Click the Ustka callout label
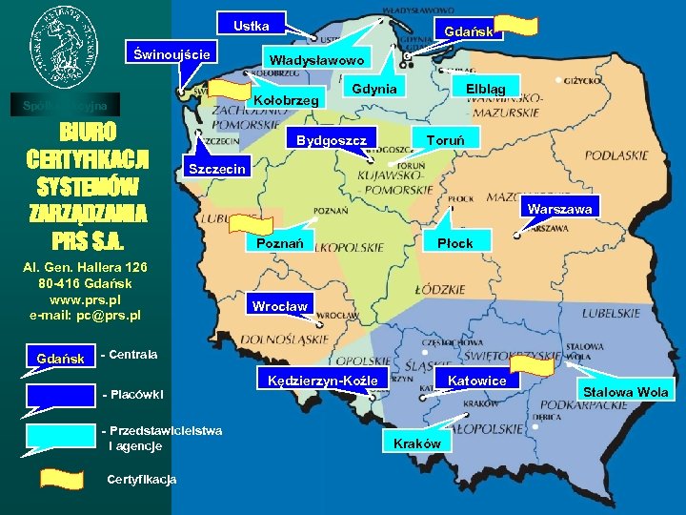tap(252, 26)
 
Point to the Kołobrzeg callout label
tap(287, 100)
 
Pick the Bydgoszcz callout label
tap(332, 139)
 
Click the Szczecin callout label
tap(219, 169)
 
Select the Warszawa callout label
tap(561, 209)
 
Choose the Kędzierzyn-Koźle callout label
tap(317, 381)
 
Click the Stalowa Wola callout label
tap(627, 392)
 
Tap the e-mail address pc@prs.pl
tap(85, 315)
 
